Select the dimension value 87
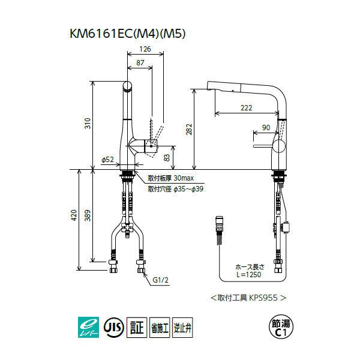pos(139,62)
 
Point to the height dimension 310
pos(88,124)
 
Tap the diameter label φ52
pos(108,159)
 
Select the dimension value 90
pos(266,127)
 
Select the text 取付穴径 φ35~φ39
pos(176,188)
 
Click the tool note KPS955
pos(247,297)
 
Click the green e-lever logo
pos(89,328)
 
